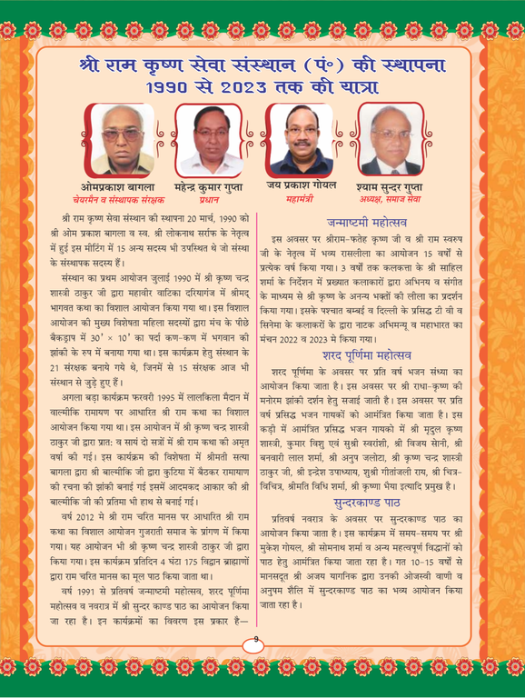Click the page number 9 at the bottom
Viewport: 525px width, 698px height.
pos(257,643)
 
